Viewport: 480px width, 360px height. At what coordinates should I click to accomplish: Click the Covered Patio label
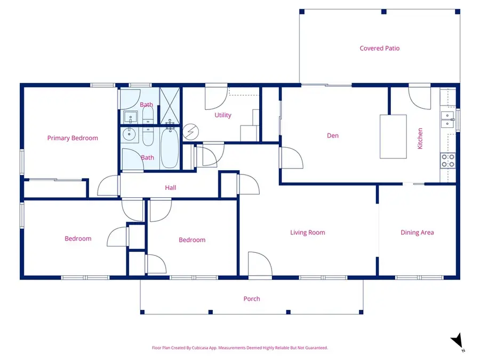(379, 49)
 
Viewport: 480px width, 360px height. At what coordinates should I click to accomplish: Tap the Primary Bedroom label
(73, 138)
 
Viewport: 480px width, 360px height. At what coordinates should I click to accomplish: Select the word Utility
(223, 115)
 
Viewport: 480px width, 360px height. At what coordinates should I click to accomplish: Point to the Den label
(333, 136)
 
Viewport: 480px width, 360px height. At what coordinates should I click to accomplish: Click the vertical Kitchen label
(420, 138)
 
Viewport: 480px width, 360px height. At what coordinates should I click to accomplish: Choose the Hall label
(170, 188)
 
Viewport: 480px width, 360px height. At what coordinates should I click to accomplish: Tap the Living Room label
(307, 233)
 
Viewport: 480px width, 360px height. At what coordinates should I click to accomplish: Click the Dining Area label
(417, 233)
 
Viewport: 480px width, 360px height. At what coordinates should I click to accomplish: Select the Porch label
(252, 299)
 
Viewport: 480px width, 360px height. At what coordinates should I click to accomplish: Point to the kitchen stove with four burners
(447, 161)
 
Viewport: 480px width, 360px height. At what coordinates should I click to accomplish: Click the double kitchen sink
(447, 119)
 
